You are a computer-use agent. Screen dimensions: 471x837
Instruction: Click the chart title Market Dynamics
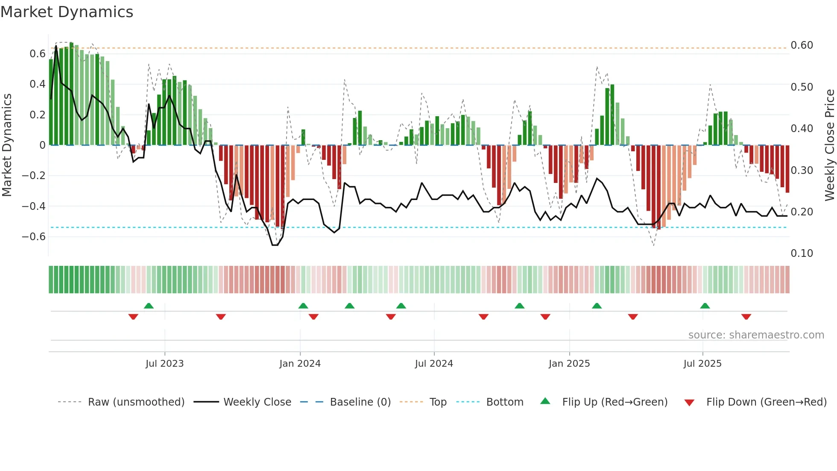click(67, 12)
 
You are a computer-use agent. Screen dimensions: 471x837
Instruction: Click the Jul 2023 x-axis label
click(164, 364)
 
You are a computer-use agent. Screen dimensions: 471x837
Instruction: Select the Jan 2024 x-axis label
click(300, 364)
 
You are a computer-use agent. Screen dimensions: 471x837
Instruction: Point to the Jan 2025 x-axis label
click(569, 364)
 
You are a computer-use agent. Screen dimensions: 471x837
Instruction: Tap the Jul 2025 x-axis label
click(702, 364)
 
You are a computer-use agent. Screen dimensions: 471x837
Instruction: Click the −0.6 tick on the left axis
click(34, 237)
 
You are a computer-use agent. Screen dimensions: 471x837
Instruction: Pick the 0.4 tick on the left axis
click(38, 84)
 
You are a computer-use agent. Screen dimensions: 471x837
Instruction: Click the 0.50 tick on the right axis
click(802, 87)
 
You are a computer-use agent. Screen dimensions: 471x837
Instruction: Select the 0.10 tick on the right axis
click(802, 253)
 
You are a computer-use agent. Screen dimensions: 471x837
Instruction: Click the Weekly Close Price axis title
click(829, 145)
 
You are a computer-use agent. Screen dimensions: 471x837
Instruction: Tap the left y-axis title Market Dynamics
click(7, 145)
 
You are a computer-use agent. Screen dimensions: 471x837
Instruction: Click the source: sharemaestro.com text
click(756, 335)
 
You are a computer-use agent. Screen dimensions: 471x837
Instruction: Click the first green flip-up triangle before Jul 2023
click(149, 306)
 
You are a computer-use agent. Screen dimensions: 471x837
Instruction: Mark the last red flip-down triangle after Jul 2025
click(746, 317)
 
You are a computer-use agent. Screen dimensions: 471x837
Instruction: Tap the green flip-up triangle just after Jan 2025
click(597, 306)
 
